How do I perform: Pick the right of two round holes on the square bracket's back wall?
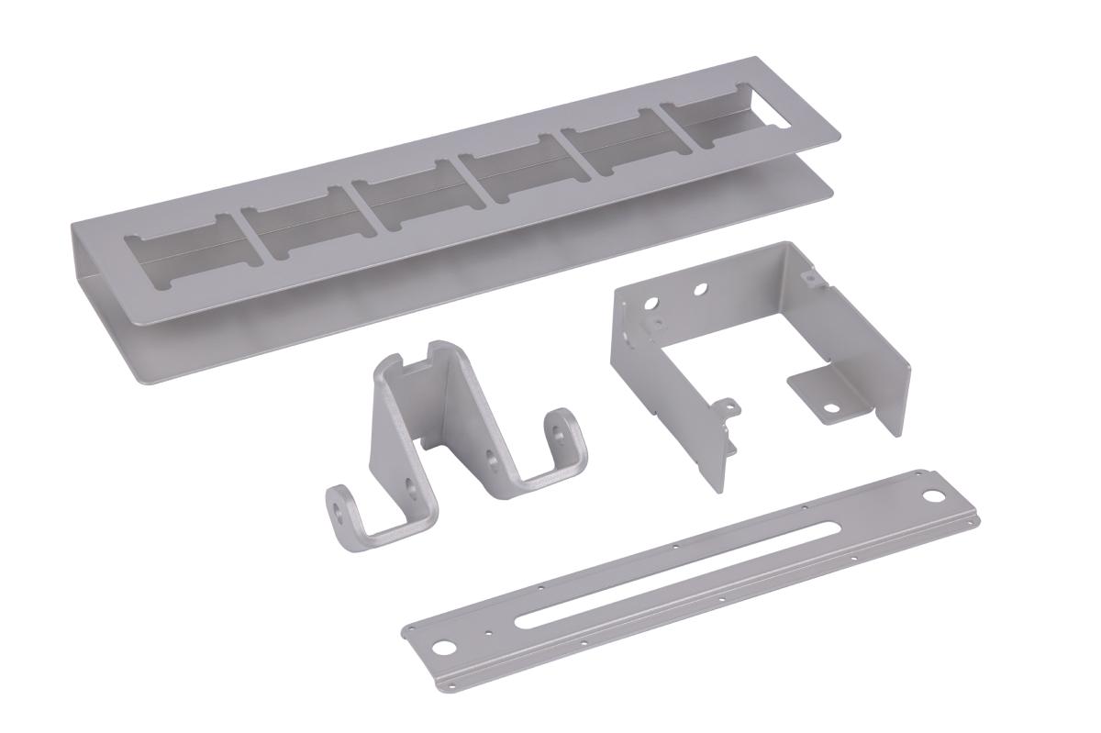pos(700,289)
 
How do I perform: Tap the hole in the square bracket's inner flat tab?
pos(830,408)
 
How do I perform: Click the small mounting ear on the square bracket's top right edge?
pos(808,273)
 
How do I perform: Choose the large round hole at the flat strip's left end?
pos(445,646)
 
